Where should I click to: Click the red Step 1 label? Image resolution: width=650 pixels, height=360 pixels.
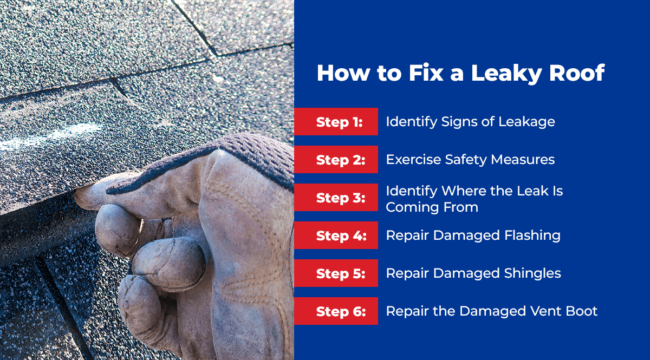point(336,122)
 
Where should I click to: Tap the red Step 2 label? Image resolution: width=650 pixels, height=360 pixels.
point(336,160)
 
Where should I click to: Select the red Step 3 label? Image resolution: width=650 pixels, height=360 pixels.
point(336,197)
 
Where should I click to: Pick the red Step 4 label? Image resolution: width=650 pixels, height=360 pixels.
point(336,235)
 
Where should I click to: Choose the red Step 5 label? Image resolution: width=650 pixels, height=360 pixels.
point(336,273)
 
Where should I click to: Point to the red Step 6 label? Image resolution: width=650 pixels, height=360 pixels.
point(336,311)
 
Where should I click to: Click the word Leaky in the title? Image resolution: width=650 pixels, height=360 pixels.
point(506,74)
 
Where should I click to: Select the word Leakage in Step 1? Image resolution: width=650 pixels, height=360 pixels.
point(526,122)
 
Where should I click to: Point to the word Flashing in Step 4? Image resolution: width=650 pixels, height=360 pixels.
point(532,235)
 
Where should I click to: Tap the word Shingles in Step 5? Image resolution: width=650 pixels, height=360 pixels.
point(532,273)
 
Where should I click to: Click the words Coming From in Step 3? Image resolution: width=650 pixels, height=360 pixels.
point(432,207)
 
